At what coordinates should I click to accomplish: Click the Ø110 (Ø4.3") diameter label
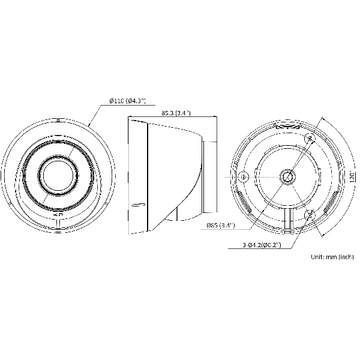pos(128,101)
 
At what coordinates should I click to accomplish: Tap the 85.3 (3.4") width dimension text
pos(176,113)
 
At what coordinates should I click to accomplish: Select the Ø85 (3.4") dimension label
pos(221,225)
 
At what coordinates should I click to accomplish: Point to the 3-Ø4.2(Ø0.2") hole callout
pos(262,245)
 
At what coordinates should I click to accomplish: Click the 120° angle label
pos(352,176)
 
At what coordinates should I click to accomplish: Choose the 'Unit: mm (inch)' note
pos(332,257)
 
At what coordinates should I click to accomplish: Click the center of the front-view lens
pos(58,175)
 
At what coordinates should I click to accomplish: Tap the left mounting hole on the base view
pos(243,177)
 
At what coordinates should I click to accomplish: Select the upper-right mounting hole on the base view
pos(310,138)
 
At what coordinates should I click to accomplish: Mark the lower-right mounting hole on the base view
pos(310,215)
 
